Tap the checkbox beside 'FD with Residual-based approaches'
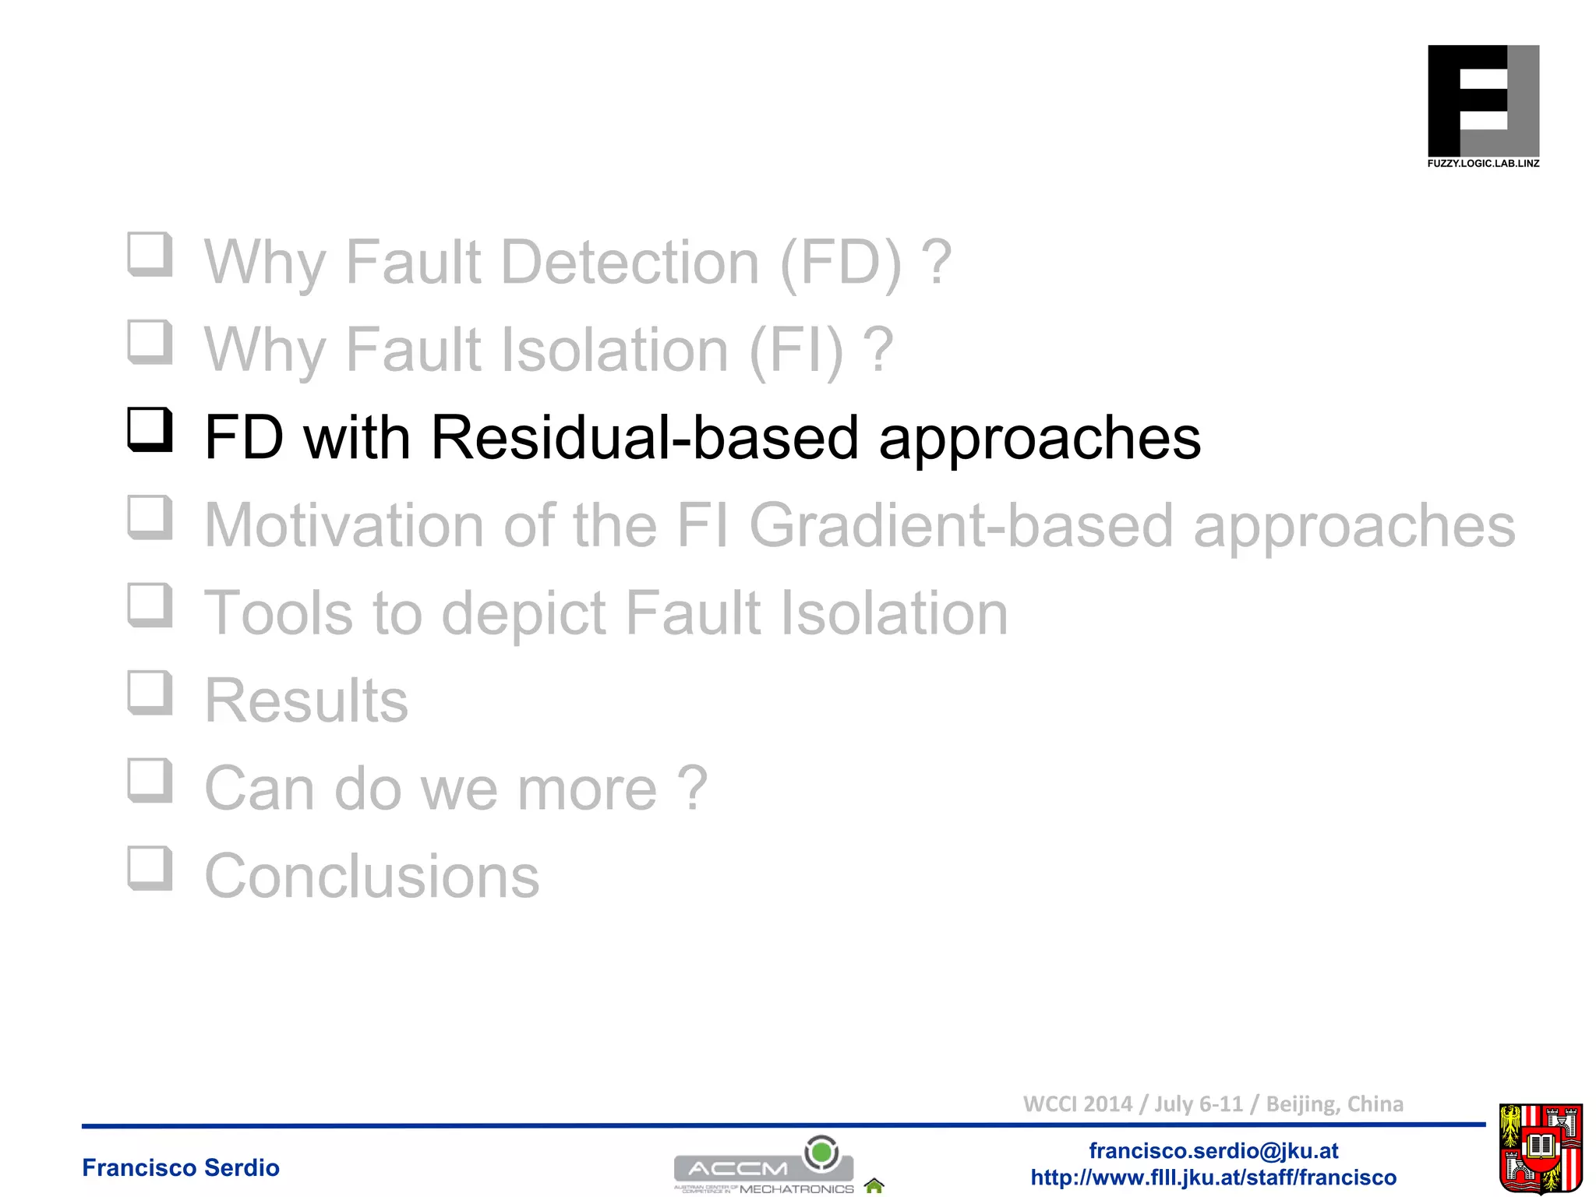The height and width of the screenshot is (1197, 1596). coord(150,429)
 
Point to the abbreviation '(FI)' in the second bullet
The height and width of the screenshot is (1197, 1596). coord(796,350)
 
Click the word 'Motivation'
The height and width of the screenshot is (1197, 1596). coord(344,525)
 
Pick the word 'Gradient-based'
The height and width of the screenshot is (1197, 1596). coord(961,525)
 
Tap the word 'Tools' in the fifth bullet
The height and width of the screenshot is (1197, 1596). coord(278,613)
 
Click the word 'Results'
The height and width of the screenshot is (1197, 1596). coord(306,701)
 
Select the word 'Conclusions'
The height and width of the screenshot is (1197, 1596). coord(372,876)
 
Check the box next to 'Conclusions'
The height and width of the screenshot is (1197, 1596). coord(150,868)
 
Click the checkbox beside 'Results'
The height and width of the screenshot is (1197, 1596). coord(150,693)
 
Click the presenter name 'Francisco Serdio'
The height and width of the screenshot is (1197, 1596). coord(181,1167)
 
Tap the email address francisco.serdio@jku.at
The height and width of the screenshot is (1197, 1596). coord(1213,1151)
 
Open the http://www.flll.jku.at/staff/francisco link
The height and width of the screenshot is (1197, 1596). coord(1213,1178)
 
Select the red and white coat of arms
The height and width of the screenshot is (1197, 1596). coord(1540,1148)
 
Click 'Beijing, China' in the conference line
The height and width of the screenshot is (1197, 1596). coord(1334,1104)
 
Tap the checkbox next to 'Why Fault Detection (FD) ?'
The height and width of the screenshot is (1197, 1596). coord(150,254)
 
